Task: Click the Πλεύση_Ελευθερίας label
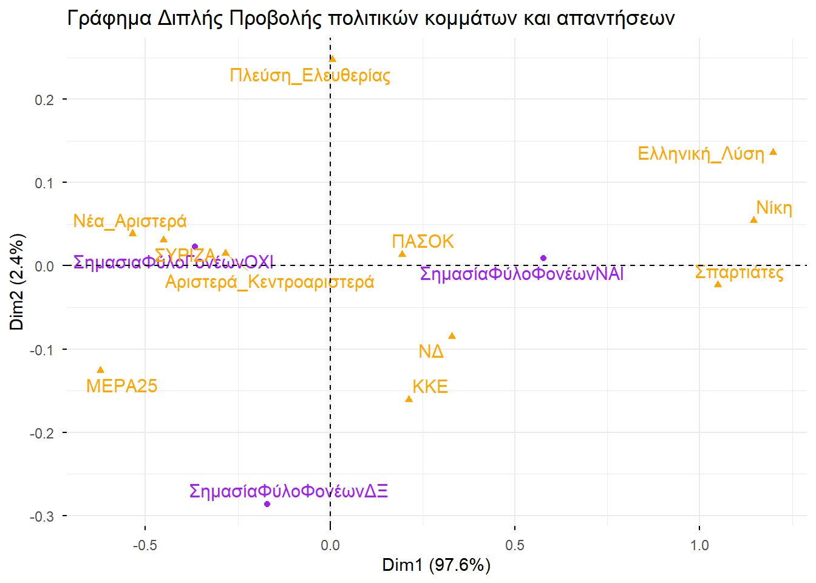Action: point(310,75)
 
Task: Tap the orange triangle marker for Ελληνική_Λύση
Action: point(773,152)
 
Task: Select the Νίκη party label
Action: point(774,208)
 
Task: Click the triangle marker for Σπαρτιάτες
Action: point(718,284)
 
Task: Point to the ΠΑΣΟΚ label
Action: point(423,242)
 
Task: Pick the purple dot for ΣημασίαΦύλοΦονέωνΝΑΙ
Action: point(543,258)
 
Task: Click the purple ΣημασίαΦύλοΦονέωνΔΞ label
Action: point(288,491)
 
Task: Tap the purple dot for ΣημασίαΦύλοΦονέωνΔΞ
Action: point(267,504)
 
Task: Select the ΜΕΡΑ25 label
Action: point(121,386)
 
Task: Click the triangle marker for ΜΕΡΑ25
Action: point(101,370)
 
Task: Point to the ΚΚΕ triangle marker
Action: point(409,399)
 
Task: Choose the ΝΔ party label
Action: point(431,352)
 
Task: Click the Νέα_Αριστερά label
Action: point(129,221)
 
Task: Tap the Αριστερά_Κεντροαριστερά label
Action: point(270,282)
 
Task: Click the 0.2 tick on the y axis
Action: point(44,100)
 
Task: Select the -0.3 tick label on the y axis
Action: point(42,516)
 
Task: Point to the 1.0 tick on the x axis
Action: point(699,545)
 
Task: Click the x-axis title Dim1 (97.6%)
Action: point(436,565)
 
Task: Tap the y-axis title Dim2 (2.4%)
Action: point(16,282)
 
